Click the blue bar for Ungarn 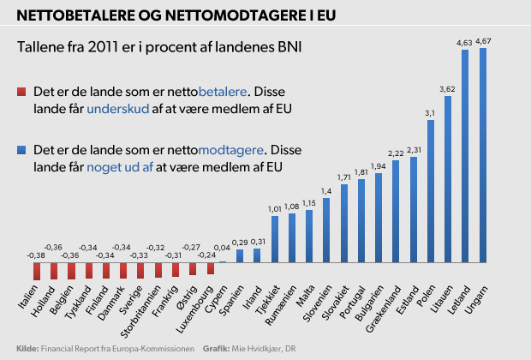(x=482, y=154)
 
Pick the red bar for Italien (x=37, y=271)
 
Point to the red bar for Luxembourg (x=211, y=267)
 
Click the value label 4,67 (x=483, y=40)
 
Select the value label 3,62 (x=447, y=88)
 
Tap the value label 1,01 (x=274, y=207)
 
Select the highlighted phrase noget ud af (x=120, y=166)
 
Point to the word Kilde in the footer (x=27, y=349)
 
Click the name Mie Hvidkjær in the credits (x=260, y=349)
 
